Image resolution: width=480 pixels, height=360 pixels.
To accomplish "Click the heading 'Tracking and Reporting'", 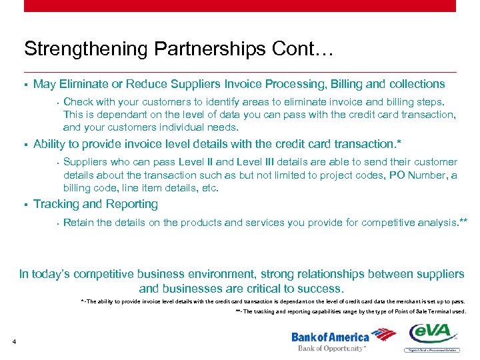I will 95,204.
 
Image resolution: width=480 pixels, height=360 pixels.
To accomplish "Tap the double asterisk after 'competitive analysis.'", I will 464,221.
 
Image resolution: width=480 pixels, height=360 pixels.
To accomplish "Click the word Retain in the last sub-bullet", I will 79,223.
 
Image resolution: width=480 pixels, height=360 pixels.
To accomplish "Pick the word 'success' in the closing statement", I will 322,289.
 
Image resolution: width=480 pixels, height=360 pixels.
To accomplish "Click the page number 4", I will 14,343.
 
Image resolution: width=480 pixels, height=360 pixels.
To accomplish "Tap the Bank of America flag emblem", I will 383,335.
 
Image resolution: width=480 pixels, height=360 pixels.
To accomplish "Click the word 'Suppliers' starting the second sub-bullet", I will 85,162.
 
